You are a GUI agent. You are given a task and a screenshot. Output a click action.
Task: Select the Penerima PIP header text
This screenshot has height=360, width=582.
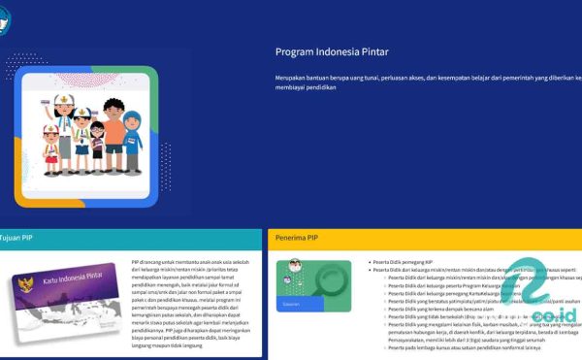pyautogui.click(x=298, y=237)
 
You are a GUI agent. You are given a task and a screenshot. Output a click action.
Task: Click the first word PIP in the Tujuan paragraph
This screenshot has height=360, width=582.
pyautogui.click(x=136, y=262)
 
